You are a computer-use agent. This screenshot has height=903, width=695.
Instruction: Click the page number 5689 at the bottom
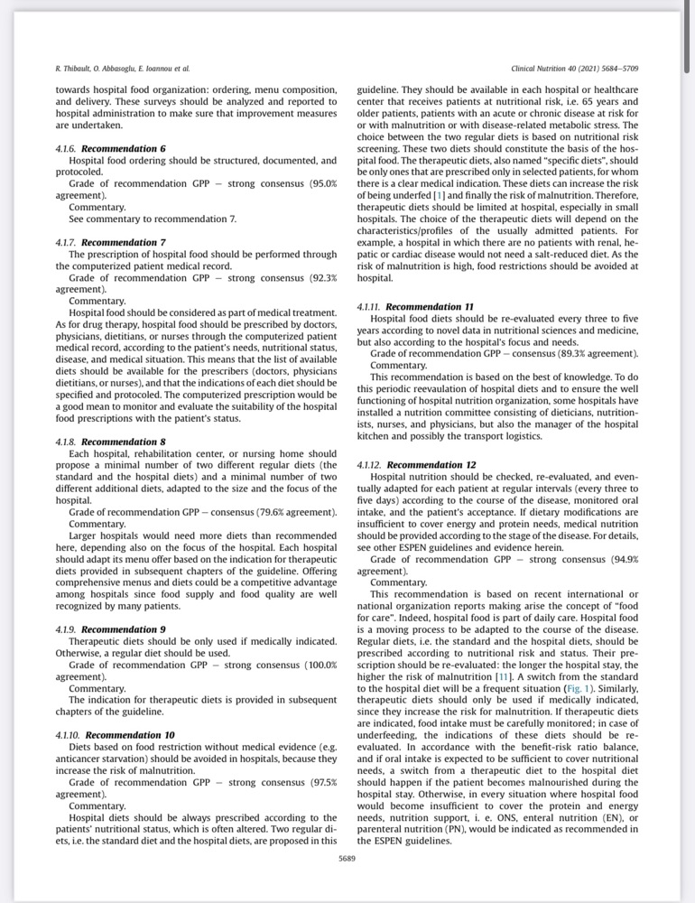point(347,858)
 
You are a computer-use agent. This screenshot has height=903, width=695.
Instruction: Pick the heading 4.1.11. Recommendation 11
point(416,307)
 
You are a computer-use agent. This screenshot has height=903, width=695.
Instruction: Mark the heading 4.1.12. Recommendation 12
point(416,465)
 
